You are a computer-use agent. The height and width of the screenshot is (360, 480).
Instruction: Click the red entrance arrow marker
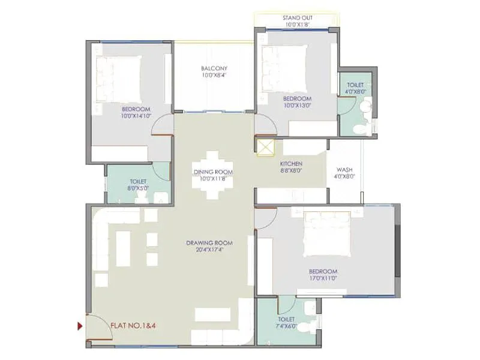[x=80, y=326]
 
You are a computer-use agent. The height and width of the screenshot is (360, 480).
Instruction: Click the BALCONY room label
[x=214, y=68]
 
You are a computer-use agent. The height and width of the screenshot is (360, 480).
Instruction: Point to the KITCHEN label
[x=291, y=163]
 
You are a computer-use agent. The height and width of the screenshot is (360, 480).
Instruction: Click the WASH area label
[x=344, y=169]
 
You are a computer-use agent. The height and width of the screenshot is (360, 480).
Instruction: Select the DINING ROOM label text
[x=213, y=172]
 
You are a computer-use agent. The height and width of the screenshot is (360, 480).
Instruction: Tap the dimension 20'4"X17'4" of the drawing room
[x=209, y=250]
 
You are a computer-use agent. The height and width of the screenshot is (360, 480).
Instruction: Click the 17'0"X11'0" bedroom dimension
[x=323, y=278]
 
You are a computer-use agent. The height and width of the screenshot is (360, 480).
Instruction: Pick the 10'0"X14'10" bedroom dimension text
[x=131, y=116]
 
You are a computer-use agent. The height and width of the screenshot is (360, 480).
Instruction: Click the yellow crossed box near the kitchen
[x=265, y=147]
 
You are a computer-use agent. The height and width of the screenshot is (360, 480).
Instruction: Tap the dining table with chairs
[x=213, y=174]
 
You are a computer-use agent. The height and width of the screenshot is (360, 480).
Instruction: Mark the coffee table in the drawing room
[x=123, y=248]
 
